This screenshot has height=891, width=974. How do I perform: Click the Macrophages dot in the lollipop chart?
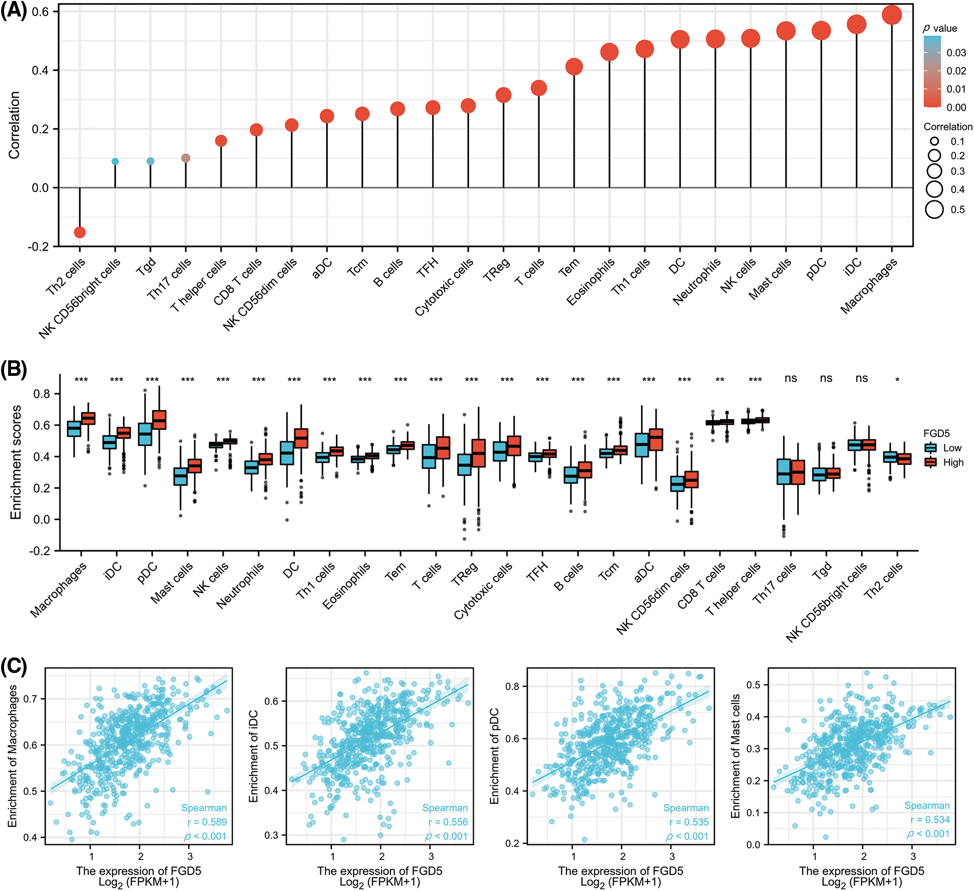click(892, 15)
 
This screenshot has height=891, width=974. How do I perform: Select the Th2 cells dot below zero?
click(80, 232)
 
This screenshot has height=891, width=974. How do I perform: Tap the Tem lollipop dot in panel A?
click(574, 67)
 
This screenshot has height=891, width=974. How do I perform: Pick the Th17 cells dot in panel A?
click(185, 158)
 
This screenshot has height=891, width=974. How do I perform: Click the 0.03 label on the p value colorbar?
click(956, 53)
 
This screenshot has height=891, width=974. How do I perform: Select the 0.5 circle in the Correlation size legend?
click(934, 209)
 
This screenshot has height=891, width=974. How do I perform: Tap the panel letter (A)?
click(14, 10)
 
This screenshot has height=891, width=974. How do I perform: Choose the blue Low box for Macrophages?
click(74, 429)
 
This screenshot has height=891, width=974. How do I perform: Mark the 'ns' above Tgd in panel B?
click(826, 378)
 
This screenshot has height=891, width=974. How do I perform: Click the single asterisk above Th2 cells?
click(897, 380)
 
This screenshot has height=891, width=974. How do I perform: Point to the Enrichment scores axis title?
click(16, 462)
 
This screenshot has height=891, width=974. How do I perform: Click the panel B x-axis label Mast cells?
click(171, 582)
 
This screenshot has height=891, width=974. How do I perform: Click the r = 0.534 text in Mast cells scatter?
click(930, 820)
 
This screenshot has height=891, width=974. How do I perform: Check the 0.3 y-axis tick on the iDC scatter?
click(272, 835)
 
